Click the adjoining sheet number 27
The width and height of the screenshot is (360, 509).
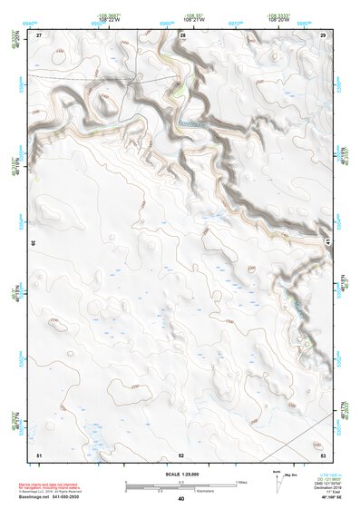(x=39, y=34)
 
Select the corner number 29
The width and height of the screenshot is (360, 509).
(x=323, y=34)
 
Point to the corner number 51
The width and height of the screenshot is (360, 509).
(x=39, y=454)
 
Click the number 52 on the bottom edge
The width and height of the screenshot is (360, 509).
(x=181, y=454)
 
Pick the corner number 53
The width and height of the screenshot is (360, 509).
(x=323, y=454)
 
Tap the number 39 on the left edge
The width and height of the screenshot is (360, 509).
(x=34, y=243)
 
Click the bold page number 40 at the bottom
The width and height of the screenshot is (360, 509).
(x=181, y=499)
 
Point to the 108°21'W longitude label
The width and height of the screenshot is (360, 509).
(x=193, y=18)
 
